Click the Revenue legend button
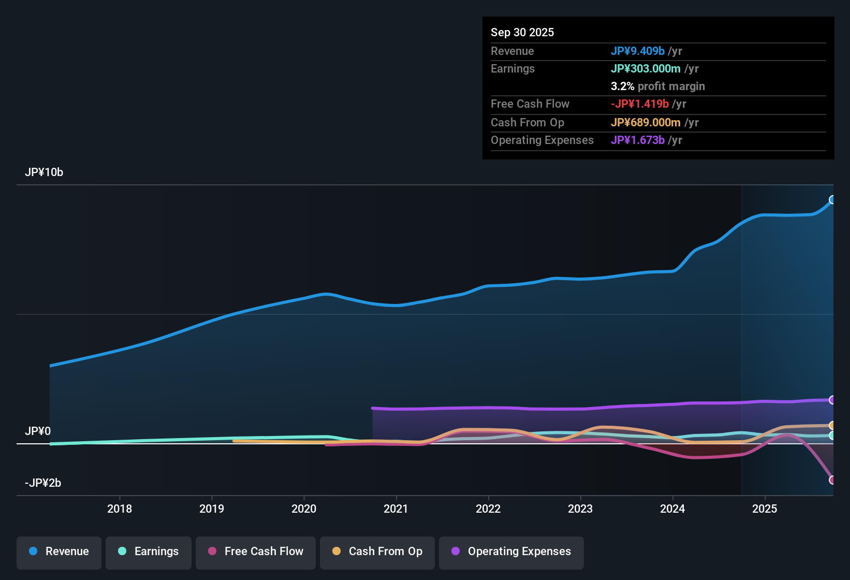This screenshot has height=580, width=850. [x=59, y=552]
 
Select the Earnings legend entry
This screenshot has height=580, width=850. [x=148, y=552]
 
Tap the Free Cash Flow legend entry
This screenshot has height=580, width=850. [x=256, y=552]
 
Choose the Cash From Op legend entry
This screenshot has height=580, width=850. [x=377, y=552]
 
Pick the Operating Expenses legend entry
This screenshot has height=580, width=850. [x=511, y=552]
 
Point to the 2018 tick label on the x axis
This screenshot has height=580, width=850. [x=120, y=509]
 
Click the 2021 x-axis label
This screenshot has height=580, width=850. [x=396, y=509]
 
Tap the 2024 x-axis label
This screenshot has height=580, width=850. [x=672, y=509]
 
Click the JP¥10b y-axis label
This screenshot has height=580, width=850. [x=44, y=172]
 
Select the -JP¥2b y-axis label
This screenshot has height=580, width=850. [x=43, y=483]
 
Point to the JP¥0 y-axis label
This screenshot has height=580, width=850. [x=38, y=431]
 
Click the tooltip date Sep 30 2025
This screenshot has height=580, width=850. [x=522, y=33]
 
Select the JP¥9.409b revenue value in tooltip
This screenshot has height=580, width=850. [x=637, y=51]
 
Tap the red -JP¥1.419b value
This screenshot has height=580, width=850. [x=639, y=104]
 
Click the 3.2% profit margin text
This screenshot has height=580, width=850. [x=657, y=86]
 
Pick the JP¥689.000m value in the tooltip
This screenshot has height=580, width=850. [x=646, y=123]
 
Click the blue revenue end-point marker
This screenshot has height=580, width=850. [x=832, y=200]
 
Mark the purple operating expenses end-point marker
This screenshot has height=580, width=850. [x=832, y=400]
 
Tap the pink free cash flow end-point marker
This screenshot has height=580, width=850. [x=832, y=480]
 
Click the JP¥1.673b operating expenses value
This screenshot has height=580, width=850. [x=637, y=140]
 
